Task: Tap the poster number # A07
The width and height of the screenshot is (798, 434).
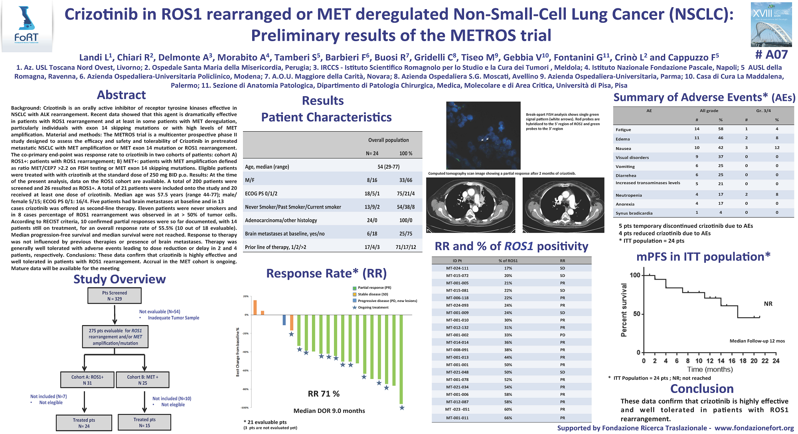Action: (771, 55)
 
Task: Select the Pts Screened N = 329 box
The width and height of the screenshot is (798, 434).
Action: (115, 296)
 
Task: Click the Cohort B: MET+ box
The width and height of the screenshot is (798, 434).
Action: (143, 380)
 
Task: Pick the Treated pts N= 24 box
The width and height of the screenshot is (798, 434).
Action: (84, 423)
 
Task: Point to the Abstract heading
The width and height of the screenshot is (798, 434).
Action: (121, 95)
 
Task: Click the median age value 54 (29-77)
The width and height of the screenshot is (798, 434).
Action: (388, 167)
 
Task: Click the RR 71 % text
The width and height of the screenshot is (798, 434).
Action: (324, 394)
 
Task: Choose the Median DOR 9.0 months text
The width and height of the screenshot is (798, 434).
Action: (329, 411)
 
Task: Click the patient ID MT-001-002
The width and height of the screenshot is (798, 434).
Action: (457, 335)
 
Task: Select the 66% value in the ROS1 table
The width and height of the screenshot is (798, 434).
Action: (508, 418)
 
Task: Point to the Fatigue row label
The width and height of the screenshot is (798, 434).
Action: (623, 130)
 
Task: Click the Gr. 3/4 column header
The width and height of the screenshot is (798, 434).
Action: (763, 110)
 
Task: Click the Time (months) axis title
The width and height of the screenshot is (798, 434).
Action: (710, 369)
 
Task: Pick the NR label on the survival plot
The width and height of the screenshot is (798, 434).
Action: (768, 304)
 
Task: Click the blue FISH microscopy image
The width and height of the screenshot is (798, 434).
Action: (483, 136)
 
